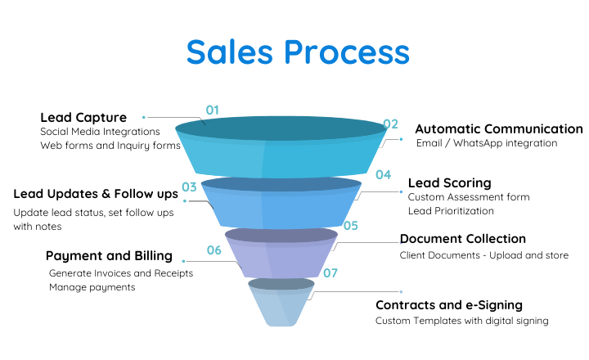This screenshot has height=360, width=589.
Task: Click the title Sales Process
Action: point(297,52)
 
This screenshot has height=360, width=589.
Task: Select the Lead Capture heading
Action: point(83,117)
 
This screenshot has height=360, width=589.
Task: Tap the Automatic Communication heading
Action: point(499,129)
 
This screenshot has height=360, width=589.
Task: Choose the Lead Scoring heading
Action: point(449,183)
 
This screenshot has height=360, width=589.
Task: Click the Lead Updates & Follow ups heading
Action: point(96,195)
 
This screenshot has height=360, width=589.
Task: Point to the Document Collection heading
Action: point(462,239)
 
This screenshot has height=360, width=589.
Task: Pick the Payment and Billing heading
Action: point(109,256)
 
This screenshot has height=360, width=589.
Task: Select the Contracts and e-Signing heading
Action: point(448,305)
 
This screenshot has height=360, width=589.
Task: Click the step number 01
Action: point(213,110)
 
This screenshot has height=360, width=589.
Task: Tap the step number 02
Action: point(390,124)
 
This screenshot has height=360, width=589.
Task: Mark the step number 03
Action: point(189,187)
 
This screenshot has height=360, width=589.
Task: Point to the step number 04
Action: point(383,174)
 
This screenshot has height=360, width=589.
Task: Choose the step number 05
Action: point(351,225)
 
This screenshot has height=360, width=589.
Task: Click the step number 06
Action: point(214,250)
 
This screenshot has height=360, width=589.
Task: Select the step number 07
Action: point(330,272)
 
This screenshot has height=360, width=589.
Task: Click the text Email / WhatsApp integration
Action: point(486,143)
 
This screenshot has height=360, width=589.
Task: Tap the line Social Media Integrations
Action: point(100,132)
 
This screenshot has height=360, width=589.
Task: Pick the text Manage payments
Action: point(92,287)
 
